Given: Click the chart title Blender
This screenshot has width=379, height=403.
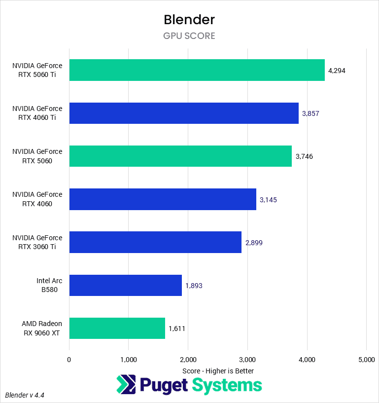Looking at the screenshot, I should (189, 20).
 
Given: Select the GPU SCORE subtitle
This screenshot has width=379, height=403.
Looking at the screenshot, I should (189, 36).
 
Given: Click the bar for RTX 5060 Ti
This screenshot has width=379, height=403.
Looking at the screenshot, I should (197, 70).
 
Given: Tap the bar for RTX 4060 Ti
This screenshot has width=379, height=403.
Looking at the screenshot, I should (184, 113).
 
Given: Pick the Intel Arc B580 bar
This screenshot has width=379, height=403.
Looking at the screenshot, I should (125, 285).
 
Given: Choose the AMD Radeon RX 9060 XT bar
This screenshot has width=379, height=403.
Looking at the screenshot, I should (117, 328).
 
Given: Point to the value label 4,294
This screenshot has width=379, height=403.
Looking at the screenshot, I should (337, 71).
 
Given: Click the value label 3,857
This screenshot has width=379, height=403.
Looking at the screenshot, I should (310, 113).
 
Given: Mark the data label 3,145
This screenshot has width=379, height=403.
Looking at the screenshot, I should (268, 200).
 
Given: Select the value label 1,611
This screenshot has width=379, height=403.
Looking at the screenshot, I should (177, 329).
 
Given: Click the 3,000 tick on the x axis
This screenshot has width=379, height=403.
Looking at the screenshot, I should (247, 360).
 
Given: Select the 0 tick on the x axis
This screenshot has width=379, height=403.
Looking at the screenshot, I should (69, 360).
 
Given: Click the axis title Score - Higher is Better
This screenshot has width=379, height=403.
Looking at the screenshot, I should (218, 370).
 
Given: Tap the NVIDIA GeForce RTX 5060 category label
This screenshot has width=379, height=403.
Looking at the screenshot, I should (37, 156).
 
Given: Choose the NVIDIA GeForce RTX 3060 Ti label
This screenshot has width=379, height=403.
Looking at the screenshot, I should (37, 242).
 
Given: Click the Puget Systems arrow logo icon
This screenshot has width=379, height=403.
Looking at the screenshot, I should (126, 385).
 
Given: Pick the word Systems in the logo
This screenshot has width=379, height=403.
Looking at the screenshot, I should (226, 385).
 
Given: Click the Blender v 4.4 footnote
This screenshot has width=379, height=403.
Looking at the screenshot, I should (28, 395).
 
